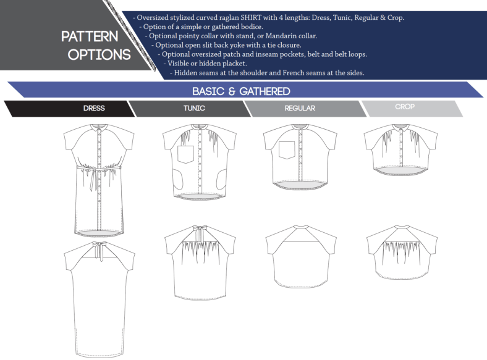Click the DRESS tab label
click(95, 108)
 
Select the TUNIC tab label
click(194, 108)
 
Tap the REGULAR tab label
click(300, 108)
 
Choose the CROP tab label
click(405, 107)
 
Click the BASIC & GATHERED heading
click(241, 91)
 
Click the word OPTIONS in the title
click(100, 54)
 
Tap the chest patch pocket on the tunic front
click(186, 154)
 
